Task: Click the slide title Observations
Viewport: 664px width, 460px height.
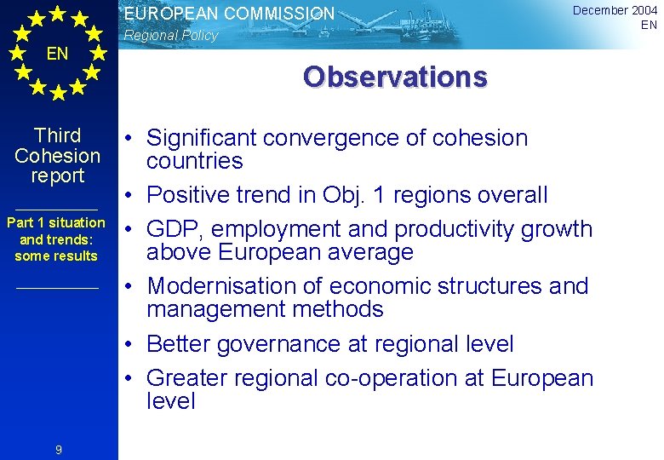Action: coord(395,77)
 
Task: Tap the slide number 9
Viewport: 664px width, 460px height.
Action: coord(58,450)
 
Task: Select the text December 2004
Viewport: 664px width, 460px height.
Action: coord(615,10)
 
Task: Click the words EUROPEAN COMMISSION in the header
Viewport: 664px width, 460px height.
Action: coord(229,14)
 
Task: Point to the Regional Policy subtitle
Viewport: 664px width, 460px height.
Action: coord(171,36)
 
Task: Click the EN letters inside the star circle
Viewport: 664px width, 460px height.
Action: coord(57,55)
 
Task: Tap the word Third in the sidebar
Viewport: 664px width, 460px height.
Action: coord(58,135)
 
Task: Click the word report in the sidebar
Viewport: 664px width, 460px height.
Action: coord(58,176)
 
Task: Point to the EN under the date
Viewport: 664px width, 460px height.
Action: coord(649,25)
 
